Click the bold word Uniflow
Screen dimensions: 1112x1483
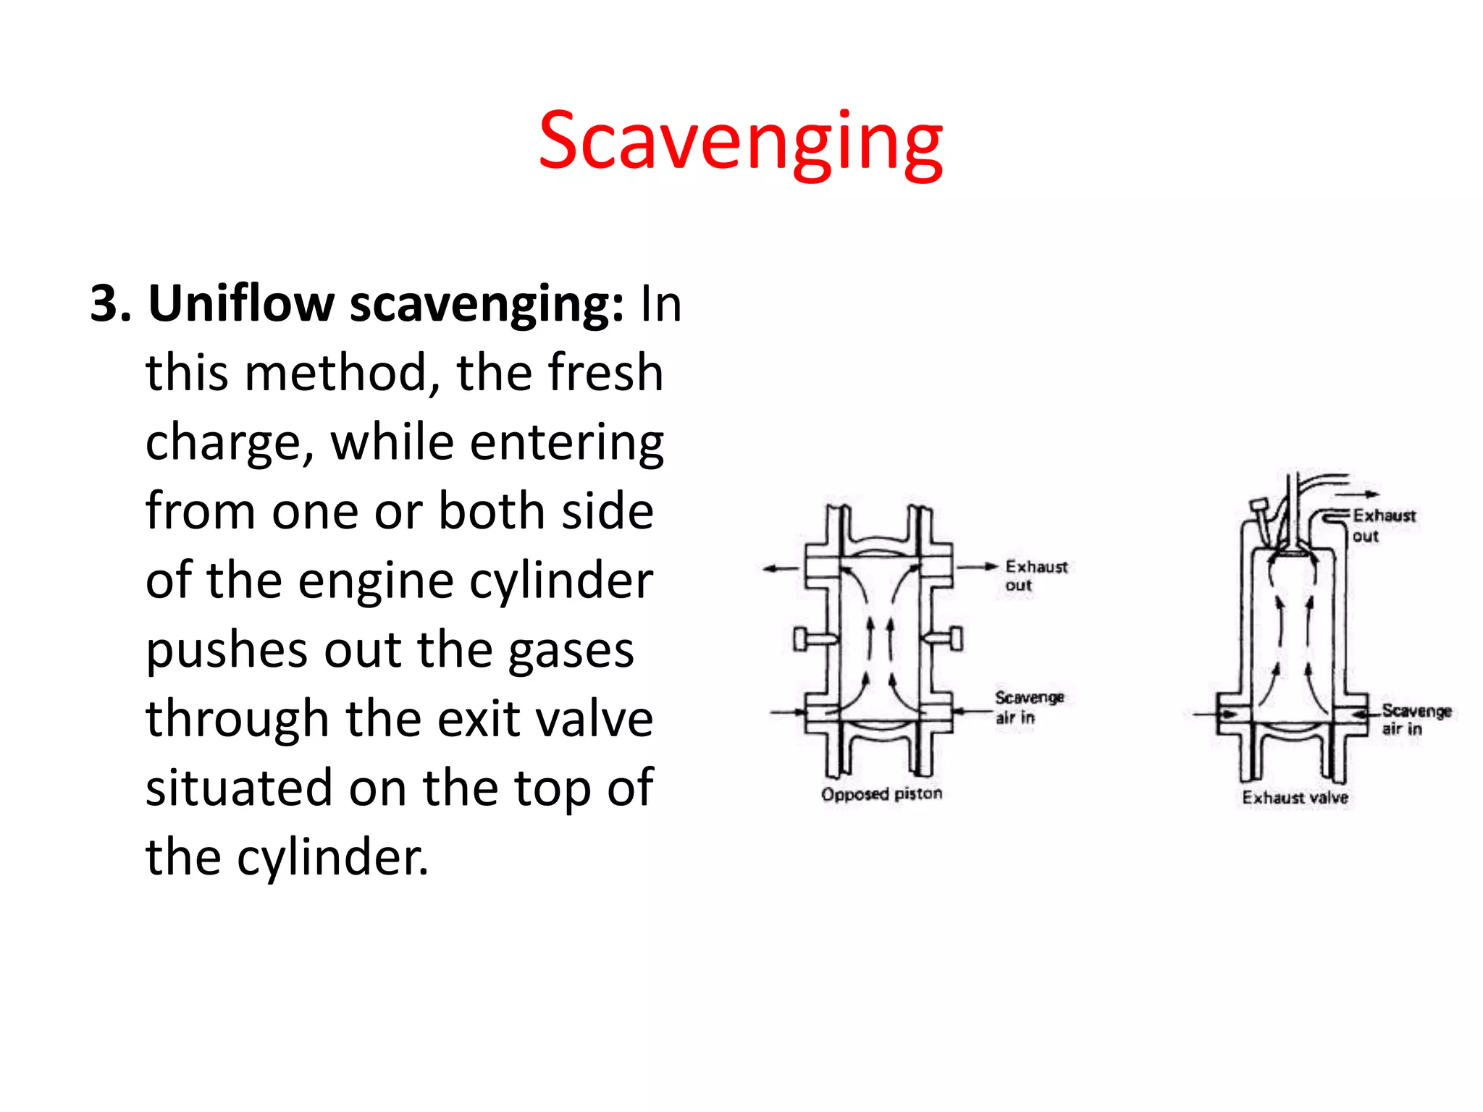coord(240,303)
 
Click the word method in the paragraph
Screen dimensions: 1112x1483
coord(336,372)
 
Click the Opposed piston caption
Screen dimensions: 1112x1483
coord(881,794)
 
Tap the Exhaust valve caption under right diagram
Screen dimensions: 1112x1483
coord(1295,798)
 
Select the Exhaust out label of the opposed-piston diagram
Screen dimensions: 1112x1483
coord(1035,576)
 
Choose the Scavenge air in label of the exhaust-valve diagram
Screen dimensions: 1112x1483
coord(1416,720)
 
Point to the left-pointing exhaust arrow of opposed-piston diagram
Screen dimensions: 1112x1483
coord(782,569)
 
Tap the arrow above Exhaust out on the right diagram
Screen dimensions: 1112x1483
coord(1358,494)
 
